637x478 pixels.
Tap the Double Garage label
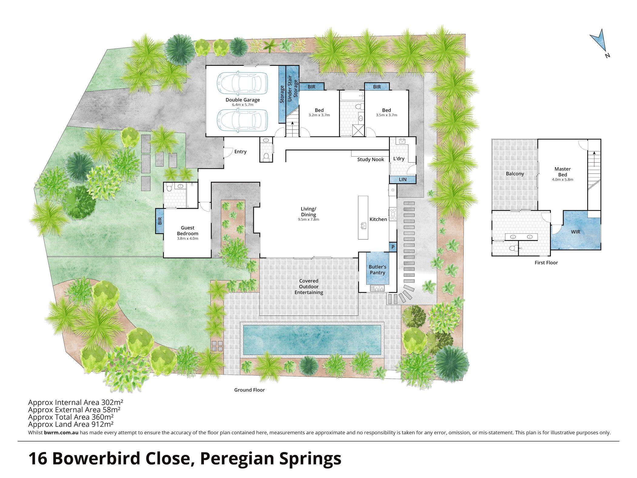(243, 100)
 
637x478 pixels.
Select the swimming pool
(312, 340)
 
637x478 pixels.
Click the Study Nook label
(370, 159)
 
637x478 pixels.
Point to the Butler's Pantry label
(377, 270)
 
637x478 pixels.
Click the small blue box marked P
(393, 247)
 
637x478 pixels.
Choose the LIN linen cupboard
(403, 179)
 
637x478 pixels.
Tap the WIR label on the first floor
(575, 232)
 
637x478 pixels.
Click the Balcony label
(515, 174)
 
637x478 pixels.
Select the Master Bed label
(562, 172)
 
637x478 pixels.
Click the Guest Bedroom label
(187, 231)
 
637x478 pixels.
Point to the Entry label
(240, 151)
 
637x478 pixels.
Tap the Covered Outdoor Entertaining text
(309, 286)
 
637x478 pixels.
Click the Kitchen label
(378, 219)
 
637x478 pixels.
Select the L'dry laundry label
(399, 158)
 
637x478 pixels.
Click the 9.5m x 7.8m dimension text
(308, 219)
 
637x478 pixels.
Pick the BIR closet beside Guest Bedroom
(160, 221)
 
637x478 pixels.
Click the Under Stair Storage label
(292, 88)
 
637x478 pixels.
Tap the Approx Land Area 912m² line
(71, 424)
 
